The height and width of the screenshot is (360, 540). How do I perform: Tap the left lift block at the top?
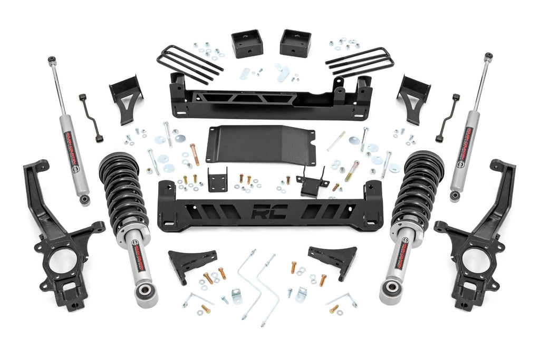[247, 43]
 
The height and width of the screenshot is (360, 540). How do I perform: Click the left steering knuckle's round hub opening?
[63, 260]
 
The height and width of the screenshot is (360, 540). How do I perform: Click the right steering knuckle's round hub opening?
[476, 260]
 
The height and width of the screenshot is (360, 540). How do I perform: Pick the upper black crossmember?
[269, 97]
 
